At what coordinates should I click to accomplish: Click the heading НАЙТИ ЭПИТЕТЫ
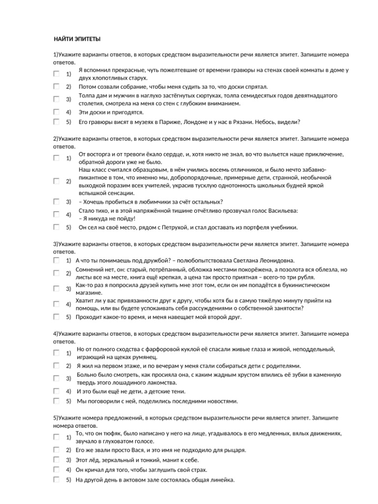pos(77,39)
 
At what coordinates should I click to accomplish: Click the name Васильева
pos(284,211)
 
